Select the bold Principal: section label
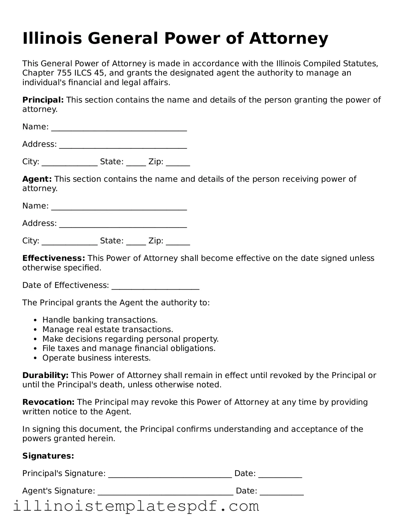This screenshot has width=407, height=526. click(43, 100)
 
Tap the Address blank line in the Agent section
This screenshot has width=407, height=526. click(123, 225)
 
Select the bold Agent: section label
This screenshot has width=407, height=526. click(37, 179)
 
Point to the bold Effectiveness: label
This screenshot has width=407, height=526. click(54, 258)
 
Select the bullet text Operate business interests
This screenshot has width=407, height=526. click(96, 358)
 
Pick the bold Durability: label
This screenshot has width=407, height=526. click(45, 375)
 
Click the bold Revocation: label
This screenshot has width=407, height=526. click(48, 402)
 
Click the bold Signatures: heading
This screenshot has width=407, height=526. click(48, 456)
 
